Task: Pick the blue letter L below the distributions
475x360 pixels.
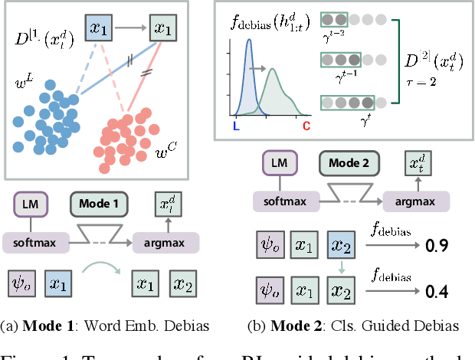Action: (235, 124)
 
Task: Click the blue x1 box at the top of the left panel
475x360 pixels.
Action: (97, 28)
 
